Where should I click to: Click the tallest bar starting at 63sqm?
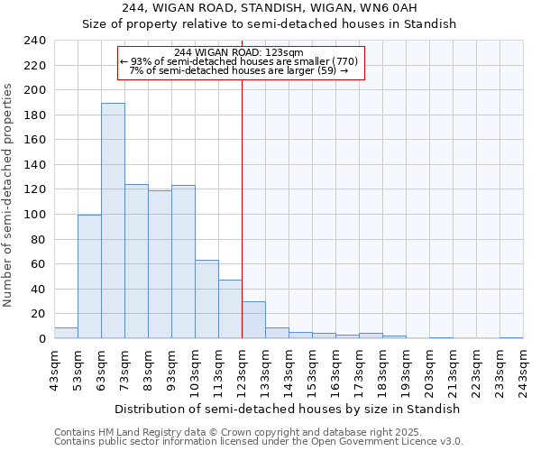(113, 221)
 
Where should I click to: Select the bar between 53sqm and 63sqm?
(89, 277)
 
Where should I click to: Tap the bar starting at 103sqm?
(206, 299)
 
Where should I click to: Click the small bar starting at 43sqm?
(66, 333)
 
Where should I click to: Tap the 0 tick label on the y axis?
(41, 339)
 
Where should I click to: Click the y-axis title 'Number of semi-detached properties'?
(8, 195)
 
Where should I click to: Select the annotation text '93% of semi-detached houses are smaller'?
(239, 61)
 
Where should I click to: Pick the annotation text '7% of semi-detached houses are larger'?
(239, 70)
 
